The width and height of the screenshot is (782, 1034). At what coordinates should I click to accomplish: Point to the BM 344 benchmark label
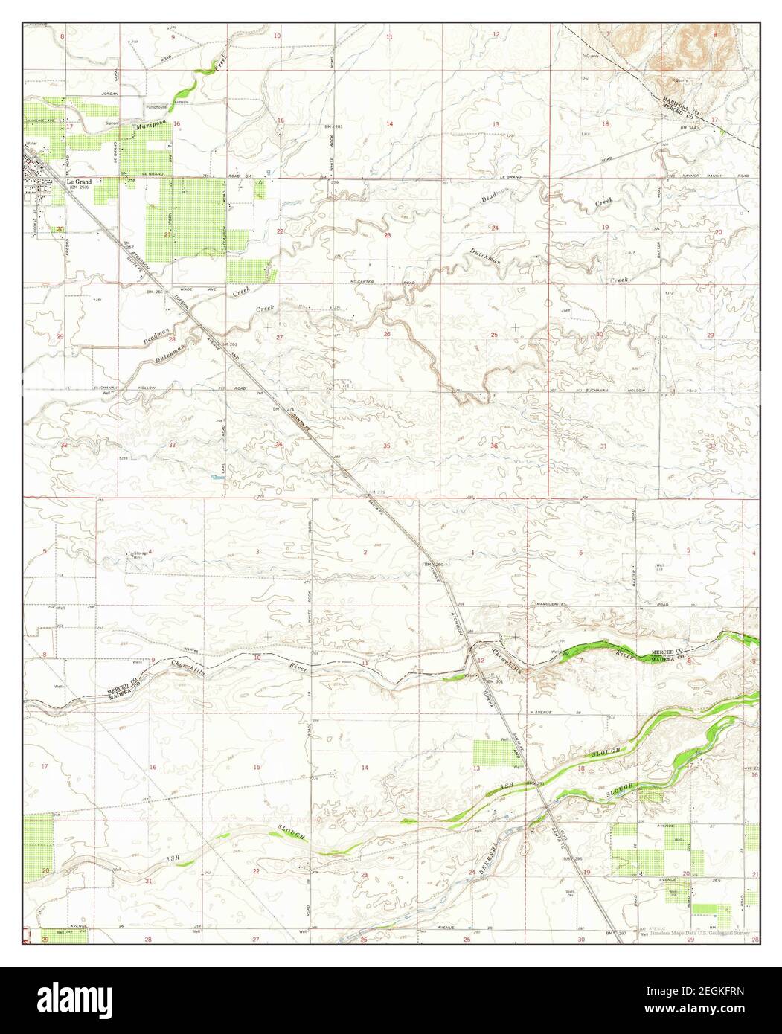(691, 129)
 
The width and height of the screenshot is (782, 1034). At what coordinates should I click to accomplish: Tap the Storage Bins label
(139, 555)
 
